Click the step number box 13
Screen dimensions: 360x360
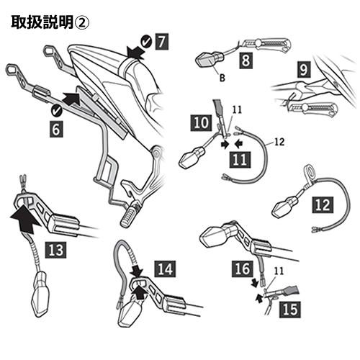[x=56, y=251]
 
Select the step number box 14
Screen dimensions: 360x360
[x=165, y=269]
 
